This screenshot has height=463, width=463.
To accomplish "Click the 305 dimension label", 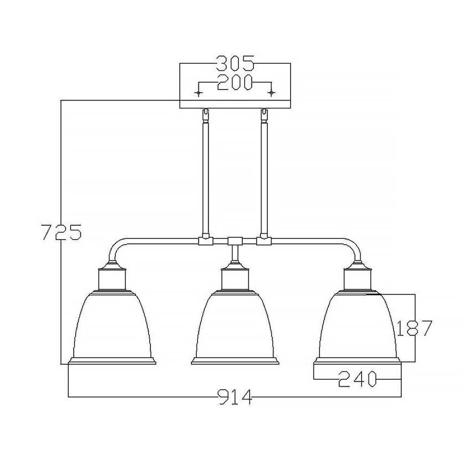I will (235, 64).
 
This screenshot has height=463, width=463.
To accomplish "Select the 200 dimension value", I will (235, 83).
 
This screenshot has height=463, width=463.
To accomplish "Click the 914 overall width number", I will (235, 397).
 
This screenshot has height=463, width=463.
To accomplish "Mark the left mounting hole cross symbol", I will (198, 93).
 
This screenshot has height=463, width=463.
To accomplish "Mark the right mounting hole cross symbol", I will (272, 93).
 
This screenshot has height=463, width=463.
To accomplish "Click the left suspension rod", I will (205, 176).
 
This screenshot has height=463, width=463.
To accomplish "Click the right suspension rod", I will (264, 176).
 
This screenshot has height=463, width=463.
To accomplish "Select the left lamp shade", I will (113, 325).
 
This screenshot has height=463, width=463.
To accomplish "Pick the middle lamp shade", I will (235, 325).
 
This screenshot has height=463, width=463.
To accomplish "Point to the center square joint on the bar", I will (234, 241).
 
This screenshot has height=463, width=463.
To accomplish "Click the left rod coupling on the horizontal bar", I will (205, 241).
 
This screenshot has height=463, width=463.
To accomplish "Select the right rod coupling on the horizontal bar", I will (264, 241).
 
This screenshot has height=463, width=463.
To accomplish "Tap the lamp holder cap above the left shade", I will (113, 277).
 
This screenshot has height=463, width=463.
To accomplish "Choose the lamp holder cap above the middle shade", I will (235, 277).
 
